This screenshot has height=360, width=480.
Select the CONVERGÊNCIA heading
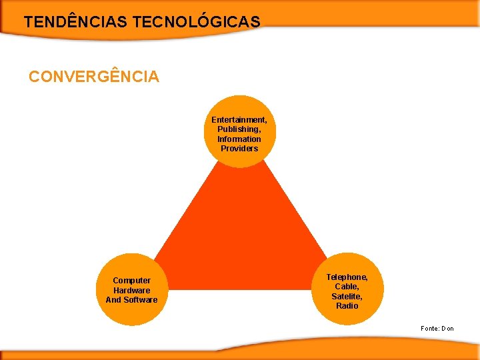click(94, 77)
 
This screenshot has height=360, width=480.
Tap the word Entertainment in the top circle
click(239, 120)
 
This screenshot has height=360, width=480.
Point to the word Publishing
click(238, 129)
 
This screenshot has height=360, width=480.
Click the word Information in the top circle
click(239, 139)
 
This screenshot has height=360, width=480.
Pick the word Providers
click(239, 148)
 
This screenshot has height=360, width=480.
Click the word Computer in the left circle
click(131, 281)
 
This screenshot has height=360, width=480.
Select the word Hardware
click(131, 290)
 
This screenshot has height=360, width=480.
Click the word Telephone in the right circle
click(347, 277)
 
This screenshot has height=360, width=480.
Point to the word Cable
click(347, 286)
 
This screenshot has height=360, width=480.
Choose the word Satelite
click(347, 296)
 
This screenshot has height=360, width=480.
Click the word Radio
click(347, 305)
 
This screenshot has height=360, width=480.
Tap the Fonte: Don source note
click(437, 328)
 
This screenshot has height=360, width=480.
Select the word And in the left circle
click(113, 299)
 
